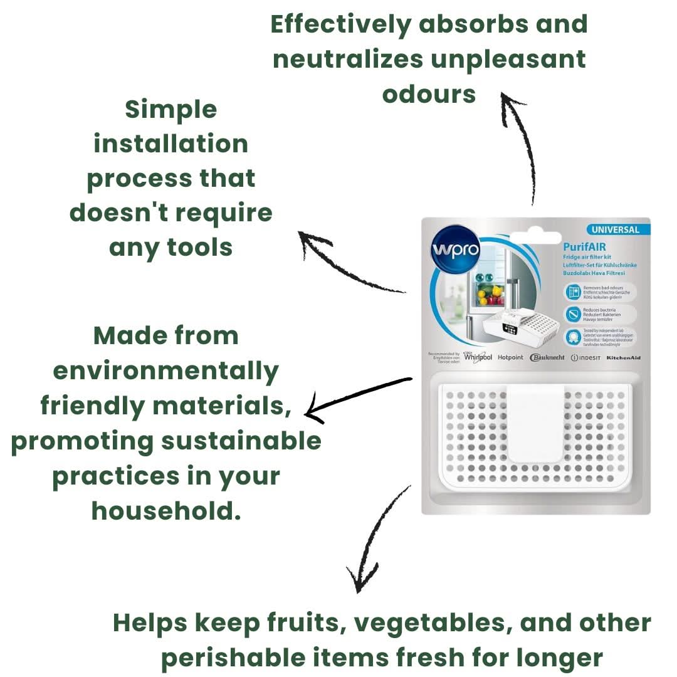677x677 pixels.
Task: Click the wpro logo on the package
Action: [455, 251]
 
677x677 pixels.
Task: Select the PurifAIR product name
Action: [584, 247]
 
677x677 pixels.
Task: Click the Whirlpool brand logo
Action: [479, 357]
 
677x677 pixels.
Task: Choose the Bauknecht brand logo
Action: [547, 358]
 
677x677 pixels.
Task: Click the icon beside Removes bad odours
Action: [572, 291]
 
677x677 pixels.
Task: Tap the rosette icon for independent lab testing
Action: [572, 336]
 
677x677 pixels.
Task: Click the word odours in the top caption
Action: [429, 94]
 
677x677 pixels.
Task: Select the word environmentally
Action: [165, 371]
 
